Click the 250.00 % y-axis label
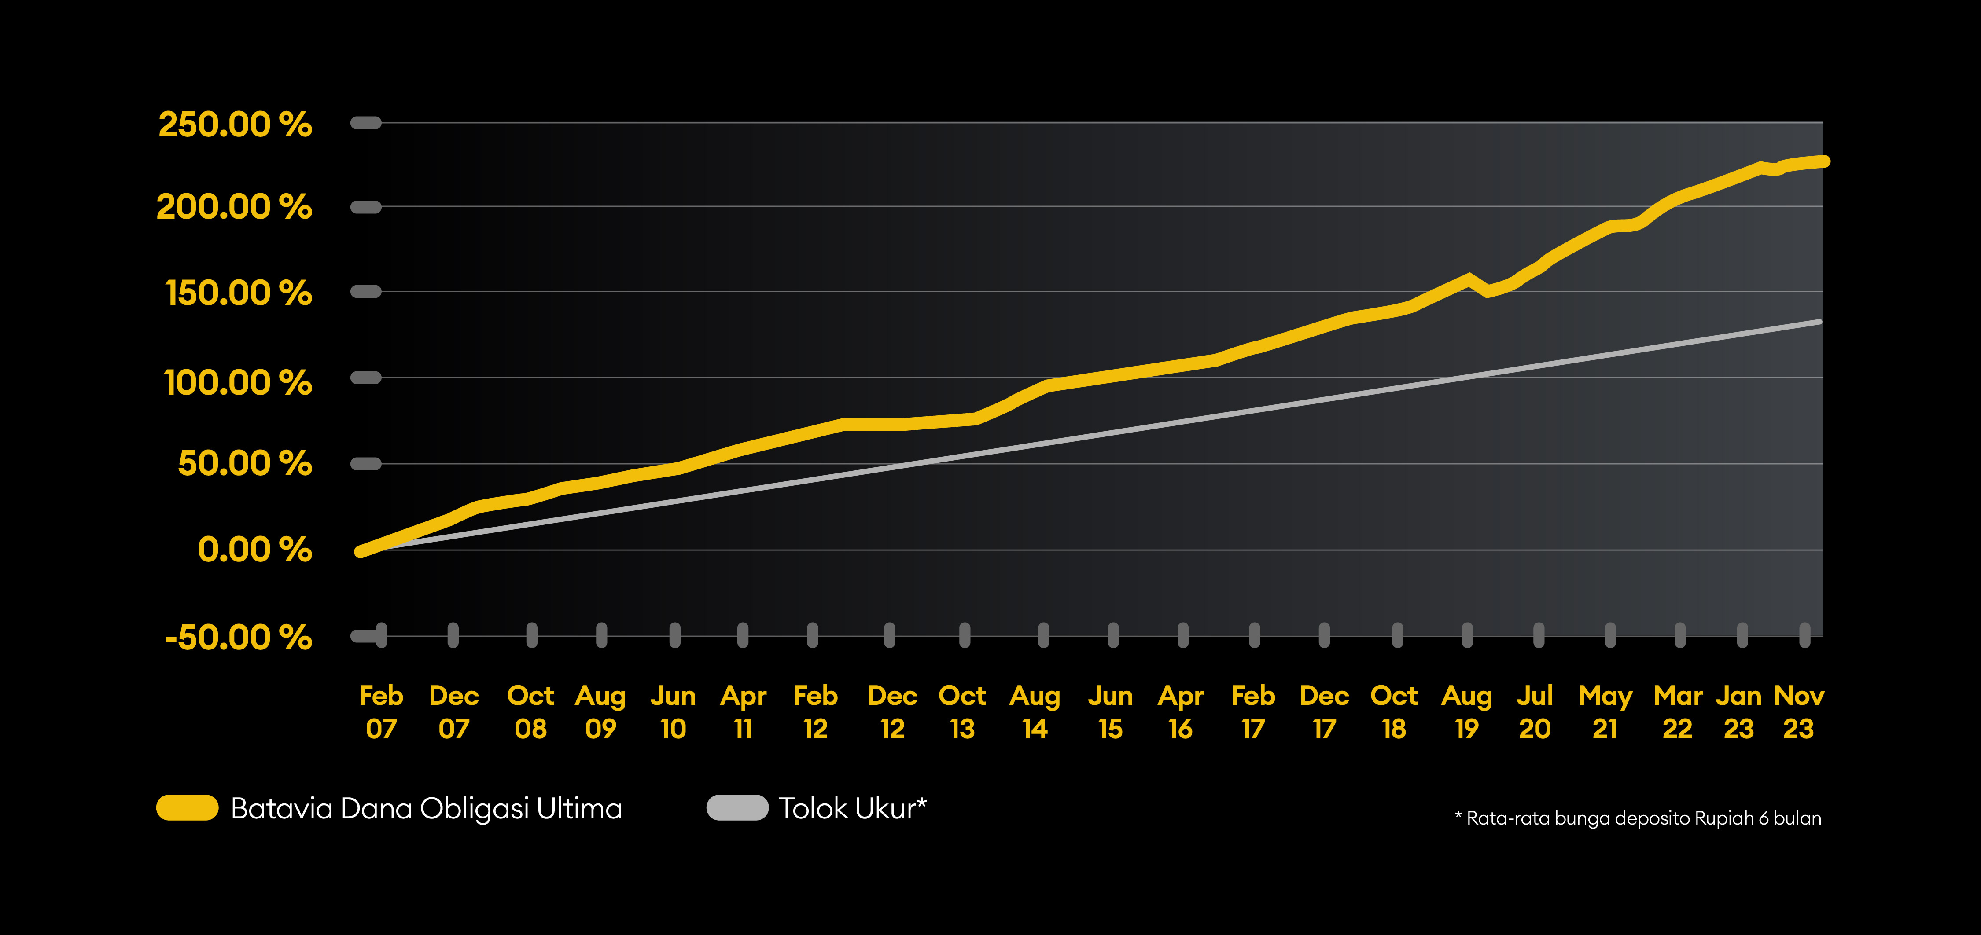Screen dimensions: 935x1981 point(235,125)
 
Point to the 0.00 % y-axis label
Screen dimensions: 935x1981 point(254,550)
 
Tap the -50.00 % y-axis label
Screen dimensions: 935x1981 point(239,638)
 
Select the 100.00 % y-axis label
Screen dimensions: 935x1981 point(238,382)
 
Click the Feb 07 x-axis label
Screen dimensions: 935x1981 point(381,712)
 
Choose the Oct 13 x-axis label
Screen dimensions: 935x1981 point(962,712)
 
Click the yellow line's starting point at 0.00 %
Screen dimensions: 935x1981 point(360,551)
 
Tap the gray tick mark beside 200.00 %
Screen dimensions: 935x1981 point(366,207)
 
